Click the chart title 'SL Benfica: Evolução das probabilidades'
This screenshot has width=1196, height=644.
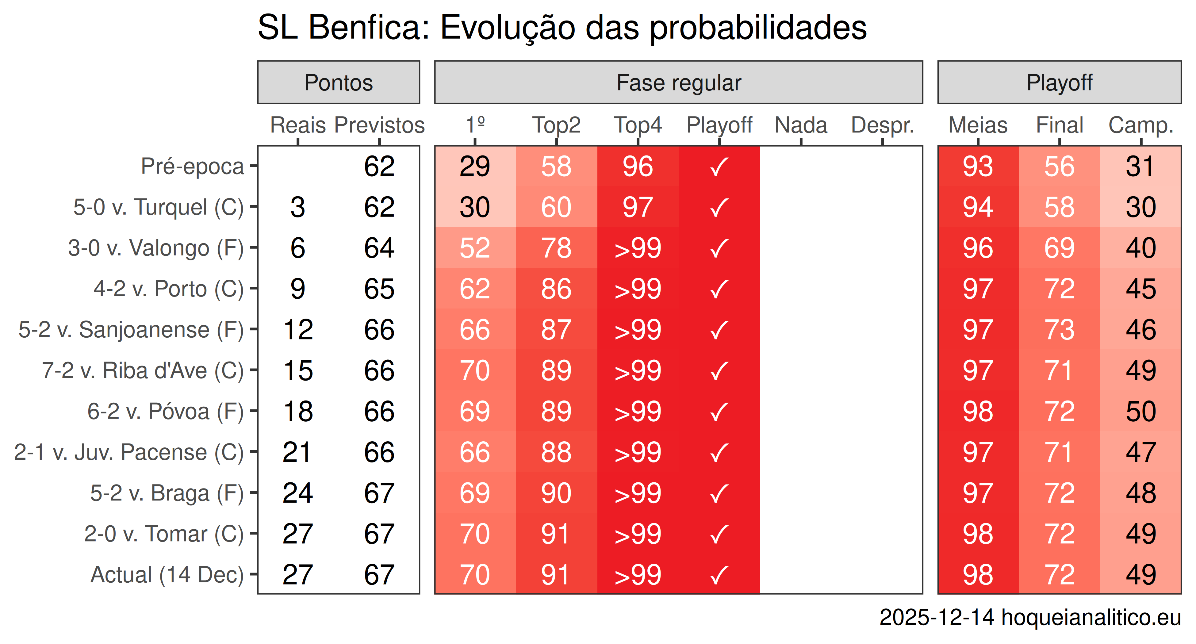pos(562,28)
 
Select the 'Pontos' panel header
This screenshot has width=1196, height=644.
pos(339,83)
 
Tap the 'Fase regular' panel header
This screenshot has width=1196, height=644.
pos(678,83)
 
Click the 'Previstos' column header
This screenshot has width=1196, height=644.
pos(379,125)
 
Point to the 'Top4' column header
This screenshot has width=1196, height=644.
pos(638,125)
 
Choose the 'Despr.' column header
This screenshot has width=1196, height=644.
pos(882,125)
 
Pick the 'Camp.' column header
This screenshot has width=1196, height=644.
pos(1141,125)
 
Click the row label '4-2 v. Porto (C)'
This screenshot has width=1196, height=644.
pos(169,289)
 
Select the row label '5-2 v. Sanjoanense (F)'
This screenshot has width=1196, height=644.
pos(131,330)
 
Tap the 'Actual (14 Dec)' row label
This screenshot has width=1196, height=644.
pos(167,575)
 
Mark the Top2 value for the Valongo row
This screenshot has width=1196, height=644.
pos(556,248)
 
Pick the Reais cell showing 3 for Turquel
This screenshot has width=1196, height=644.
pos(297,207)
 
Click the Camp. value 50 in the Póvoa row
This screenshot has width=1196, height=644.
pos(1141,411)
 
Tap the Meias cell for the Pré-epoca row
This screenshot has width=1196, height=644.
pos(978,166)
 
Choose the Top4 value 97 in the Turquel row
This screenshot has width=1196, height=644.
pos(638,207)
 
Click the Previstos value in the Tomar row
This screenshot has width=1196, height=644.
pos(379,534)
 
